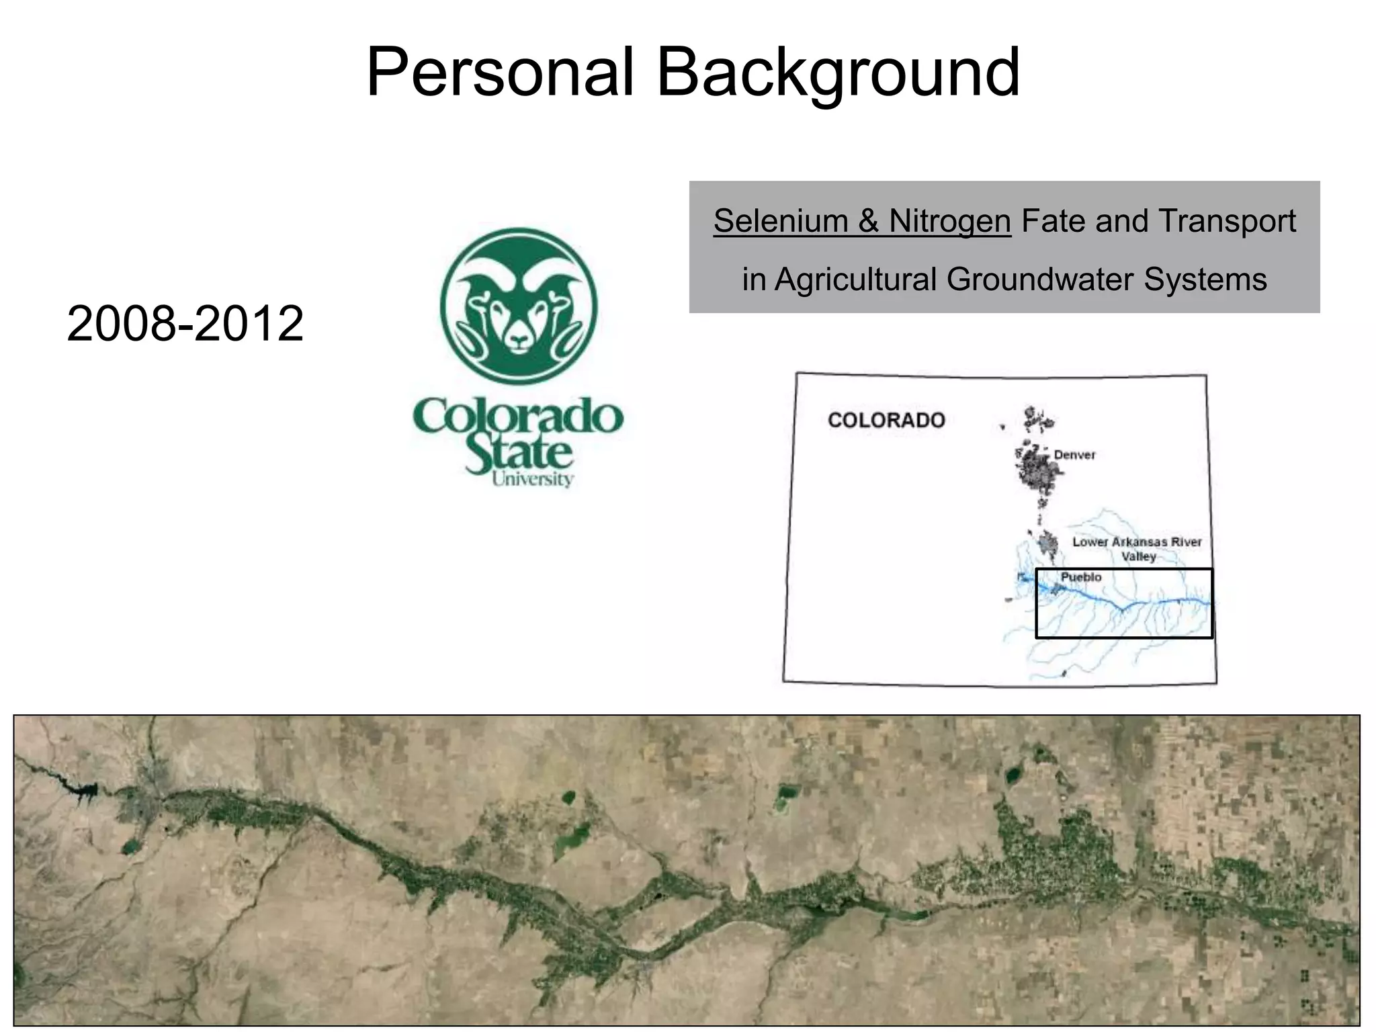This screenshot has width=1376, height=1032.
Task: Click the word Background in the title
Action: click(x=837, y=73)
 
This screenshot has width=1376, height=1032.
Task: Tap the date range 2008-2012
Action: click(x=185, y=324)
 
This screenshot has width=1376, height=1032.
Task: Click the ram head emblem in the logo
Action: click(x=519, y=307)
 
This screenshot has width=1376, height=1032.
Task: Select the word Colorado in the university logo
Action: click(x=518, y=417)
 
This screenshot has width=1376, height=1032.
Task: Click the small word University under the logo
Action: click(x=532, y=478)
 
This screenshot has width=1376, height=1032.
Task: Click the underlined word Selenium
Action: click(x=780, y=221)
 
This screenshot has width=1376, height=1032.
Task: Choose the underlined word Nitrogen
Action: click(x=949, y=221)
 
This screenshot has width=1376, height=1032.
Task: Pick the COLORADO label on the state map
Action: click(x=886, y=421)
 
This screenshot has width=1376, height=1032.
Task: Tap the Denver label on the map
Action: click(x=1074, y=455)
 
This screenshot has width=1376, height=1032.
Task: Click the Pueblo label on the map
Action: click(x=1080, y=577)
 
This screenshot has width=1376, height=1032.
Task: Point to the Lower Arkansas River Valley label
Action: click(x=1137, y=549)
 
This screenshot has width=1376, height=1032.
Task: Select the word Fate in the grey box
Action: click(x=1053, y=221)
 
